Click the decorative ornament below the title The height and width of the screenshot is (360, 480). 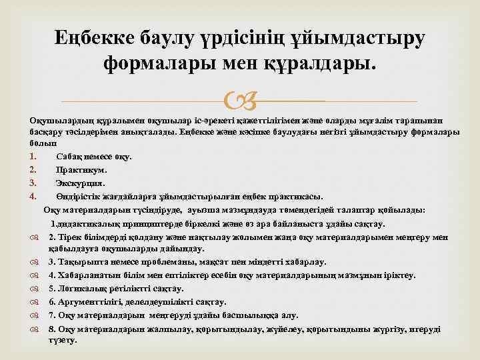point(239,101)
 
